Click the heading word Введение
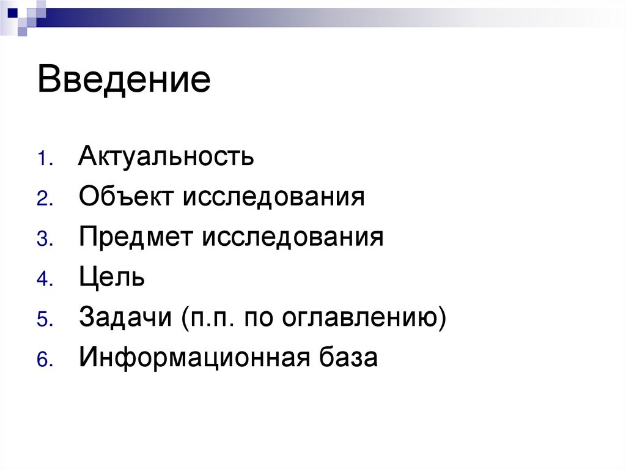tap(124, 80)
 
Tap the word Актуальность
tap(166, 157)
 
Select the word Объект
tap(125, 197)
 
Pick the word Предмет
tap(134, 237)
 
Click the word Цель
tap(111, 278)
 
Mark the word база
tap(350, 358)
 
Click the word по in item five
tap(259, 318)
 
